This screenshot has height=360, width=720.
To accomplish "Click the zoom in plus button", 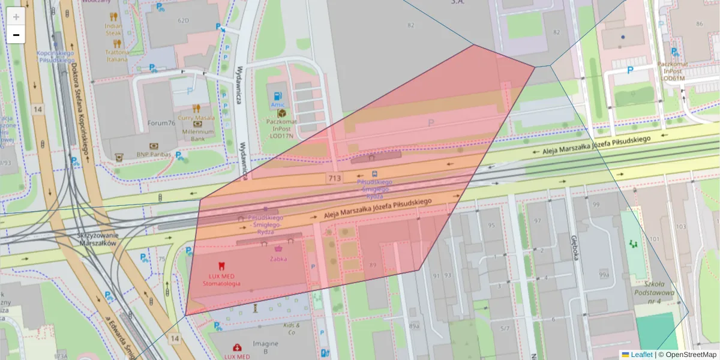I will click(x=16, y=16).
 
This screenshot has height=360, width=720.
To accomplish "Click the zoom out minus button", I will click(x=16, y=35).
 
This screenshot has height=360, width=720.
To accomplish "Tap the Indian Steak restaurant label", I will click(x=113, y=29).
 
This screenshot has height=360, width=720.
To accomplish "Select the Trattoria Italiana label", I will click(x=116, y=56).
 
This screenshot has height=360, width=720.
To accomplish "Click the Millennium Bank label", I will click(x=198, y=135).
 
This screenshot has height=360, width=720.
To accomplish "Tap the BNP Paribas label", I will click(x=154, y=154).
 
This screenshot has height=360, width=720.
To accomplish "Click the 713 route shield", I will click(x=335, y=179).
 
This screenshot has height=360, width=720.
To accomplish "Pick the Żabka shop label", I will click(x=278, y=259).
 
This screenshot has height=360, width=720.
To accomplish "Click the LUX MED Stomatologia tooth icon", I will click(x=221, y=265).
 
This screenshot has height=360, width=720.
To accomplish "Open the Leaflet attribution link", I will click(x=641, y=355).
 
